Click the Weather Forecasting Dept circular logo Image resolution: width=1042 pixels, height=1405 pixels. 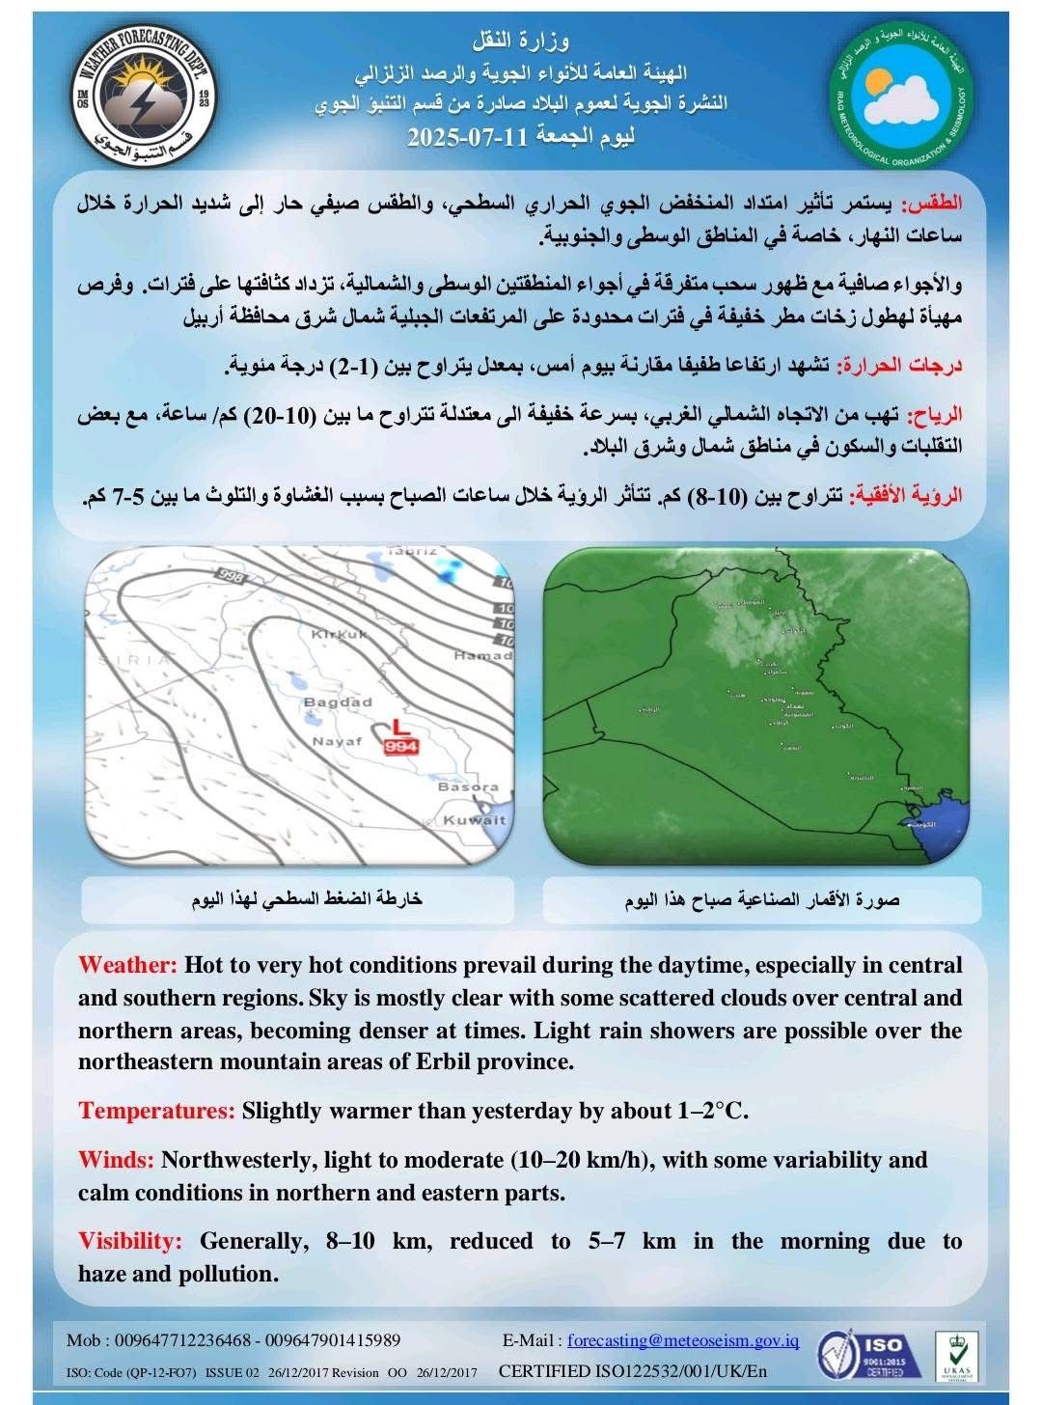[x=144, y=97]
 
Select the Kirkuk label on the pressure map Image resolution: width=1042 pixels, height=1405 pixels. [x=339, y=634]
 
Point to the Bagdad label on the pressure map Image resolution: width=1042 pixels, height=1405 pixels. [x=338, y=702]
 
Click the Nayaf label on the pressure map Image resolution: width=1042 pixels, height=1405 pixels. [x=336, y=741]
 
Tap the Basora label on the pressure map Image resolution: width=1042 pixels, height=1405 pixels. [x=468, y=787]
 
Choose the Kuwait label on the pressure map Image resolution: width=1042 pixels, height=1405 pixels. [x=474, y=819]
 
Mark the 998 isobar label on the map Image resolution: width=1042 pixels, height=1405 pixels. [x=233, y=576]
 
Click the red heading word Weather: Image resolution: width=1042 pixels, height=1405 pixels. [x=127, y=965]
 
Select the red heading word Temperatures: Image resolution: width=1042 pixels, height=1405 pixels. [x=156, y=1111]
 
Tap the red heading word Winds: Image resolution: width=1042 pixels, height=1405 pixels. [x=116, y=1159]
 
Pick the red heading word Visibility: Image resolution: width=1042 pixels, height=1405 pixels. [x=129, y=1241]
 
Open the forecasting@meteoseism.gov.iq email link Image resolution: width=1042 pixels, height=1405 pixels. [x=683, y=1339]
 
